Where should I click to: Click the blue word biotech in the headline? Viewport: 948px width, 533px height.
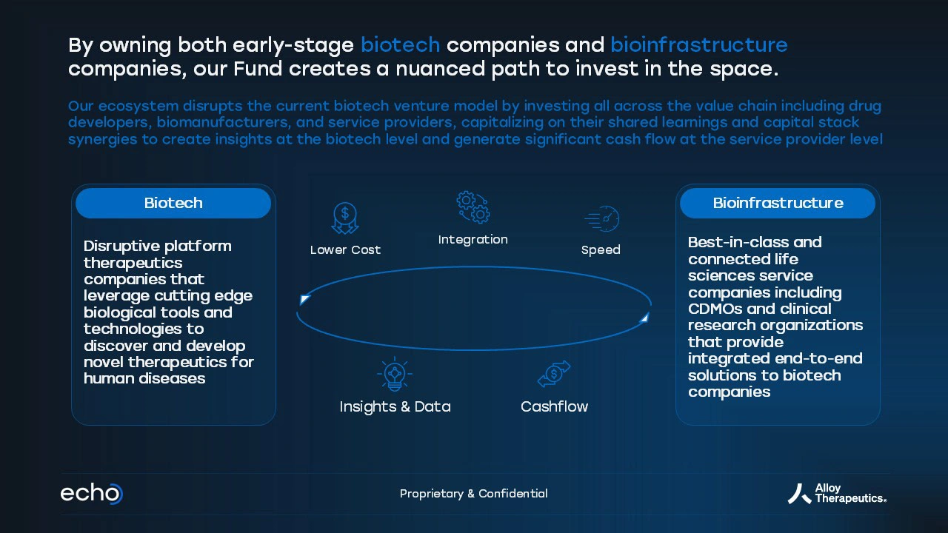[x=401, y=45]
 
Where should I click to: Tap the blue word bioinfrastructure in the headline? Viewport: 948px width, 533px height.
[x=698, y=45]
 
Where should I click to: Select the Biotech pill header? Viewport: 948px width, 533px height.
[x=173, y=203]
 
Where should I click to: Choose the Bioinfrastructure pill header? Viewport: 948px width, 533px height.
[x=778, y=203]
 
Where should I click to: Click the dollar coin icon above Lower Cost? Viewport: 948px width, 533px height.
[x=345, y=218]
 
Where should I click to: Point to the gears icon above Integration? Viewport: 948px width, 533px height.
[x=473, y=207]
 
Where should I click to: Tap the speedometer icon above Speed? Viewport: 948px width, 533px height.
[x=602, y=218]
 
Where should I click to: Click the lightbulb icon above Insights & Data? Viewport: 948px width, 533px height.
[x=395, y=374]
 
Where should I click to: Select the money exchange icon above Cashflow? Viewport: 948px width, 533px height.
[x=554, y=374]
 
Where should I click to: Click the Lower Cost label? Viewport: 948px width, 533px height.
[x=345, y=250]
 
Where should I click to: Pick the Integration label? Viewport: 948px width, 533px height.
[x=473, y=240]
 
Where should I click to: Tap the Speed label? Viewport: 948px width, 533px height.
[x=601, y=250]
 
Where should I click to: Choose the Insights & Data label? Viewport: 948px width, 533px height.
[x=395, y=406]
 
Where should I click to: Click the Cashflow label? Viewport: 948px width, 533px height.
[x=555, y=406]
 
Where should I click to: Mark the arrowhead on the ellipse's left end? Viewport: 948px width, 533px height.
[x=304, y=300]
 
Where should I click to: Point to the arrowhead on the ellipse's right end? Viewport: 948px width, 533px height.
[x=644, y=318]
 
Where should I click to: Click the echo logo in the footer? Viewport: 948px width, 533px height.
[x=92, y=494]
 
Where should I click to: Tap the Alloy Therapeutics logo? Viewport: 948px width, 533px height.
[x=837, y=494]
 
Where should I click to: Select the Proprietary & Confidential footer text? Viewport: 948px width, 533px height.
[x=473, y=494]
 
